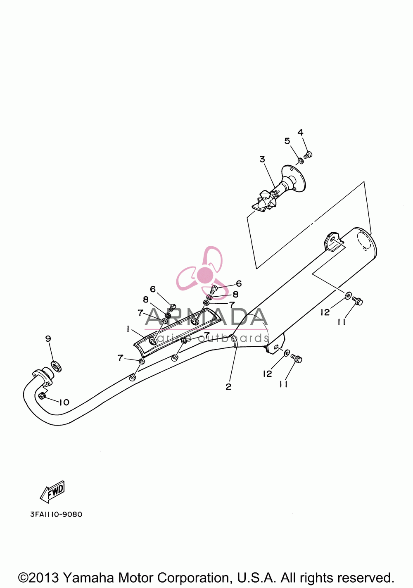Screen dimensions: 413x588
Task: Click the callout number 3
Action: (x=262, y=159)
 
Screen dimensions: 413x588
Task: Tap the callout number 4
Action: (x=300, y=132)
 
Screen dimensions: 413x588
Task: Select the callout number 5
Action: (x=287, y=141)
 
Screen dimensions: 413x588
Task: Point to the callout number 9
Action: (x=48, y=338)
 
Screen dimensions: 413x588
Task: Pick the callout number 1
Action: (x=128, y=329)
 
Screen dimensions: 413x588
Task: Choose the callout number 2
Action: (x=228, y=387)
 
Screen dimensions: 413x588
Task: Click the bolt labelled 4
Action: (x=309, y=155)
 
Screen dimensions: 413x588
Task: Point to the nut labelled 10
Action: (x=42, y=396)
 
